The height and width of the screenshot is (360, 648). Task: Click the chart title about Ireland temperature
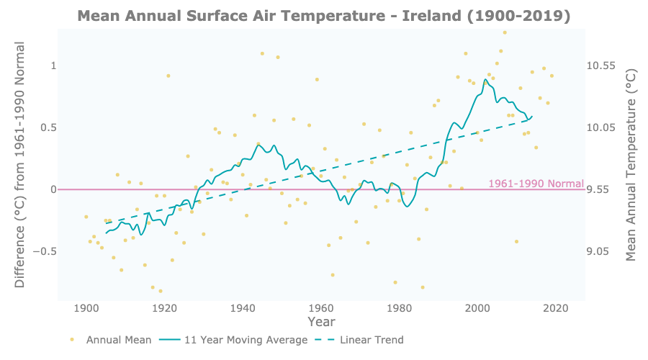tap(323, 16)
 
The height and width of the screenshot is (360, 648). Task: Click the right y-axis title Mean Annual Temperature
tap(631, 165)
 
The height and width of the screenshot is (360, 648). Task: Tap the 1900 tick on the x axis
tap(86, 308)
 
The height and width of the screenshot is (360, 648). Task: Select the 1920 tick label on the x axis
tap(165, 308)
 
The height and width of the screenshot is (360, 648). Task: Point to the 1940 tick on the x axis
tap(243, 308)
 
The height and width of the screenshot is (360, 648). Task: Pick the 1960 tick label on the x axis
tap(321, 308)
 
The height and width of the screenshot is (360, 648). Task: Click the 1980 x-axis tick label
tap(400, 308)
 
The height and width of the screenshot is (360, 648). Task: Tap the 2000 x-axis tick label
tap(478, 308)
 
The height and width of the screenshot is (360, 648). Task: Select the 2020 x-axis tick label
tap(556, 308)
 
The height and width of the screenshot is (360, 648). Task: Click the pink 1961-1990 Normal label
tap(536, 184)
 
